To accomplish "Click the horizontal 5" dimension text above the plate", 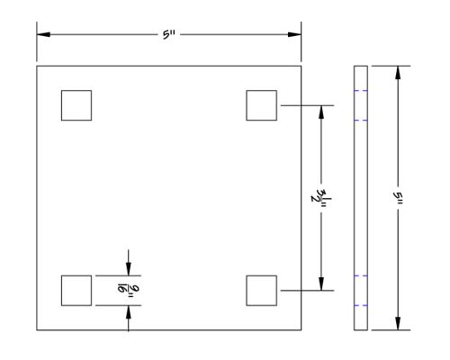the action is coord(169,35).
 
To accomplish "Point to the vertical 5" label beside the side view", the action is coord(398,198).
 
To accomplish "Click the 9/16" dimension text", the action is coord(129,290).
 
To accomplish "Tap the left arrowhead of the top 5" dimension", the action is coord(43,34).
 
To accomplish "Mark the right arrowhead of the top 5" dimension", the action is coord(294,34).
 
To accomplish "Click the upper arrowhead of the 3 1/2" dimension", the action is coord(321,112).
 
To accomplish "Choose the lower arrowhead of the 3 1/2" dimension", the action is coord(321,283).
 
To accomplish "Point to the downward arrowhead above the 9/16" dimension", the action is coord(129,269).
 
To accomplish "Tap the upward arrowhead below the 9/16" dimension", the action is coord(129,312).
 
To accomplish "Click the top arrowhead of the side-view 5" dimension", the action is coord(398,73).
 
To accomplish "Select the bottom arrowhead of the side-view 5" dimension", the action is coord(398,323).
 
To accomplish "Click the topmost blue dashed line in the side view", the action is coord(361,91).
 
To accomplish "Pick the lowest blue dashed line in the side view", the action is coord(361,305).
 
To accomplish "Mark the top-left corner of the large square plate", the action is coord(37,66).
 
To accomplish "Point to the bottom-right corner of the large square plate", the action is coord(301,330).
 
